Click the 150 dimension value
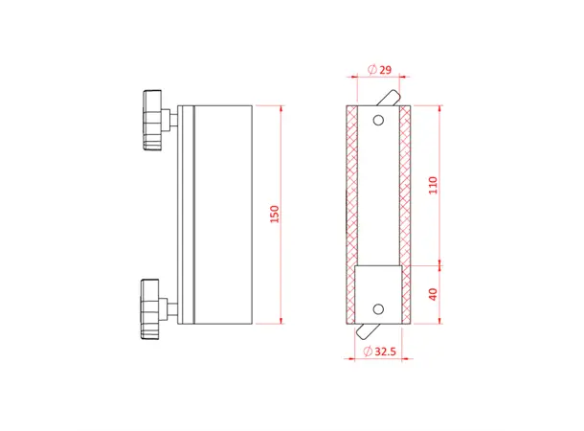click(x=276, y=215)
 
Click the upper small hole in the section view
click(x=378, y=121)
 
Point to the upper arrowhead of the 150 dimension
click(x=281, y=108)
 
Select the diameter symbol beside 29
click(x=370, y=71)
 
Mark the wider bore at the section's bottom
click(x=378, y=293)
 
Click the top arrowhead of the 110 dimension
click(x=439, y=108)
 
